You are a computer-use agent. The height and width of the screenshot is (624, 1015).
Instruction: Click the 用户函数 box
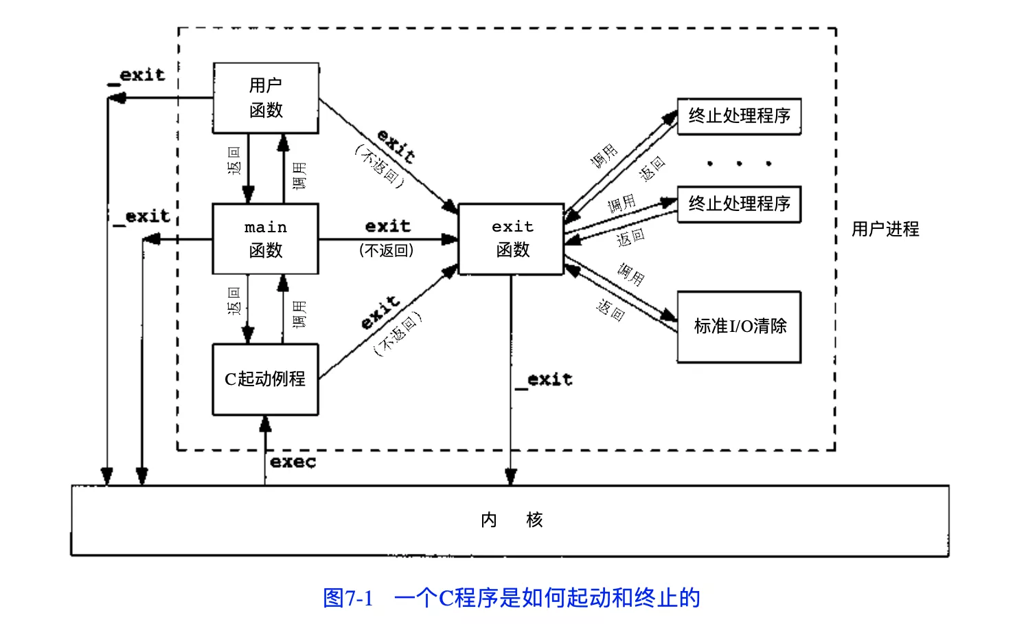pos(266,98)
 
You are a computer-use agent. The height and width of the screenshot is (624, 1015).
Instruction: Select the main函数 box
pos(266,238)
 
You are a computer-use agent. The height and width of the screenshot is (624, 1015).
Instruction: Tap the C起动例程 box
pos(266,379)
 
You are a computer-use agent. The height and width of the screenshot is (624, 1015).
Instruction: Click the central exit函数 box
pos(512,238)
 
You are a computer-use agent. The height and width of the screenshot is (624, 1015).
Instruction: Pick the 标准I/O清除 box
pos(740,326)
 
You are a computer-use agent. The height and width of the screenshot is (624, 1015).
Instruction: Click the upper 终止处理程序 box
pos(740,116)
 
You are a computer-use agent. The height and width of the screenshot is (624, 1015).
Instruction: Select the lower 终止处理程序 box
pos(740,204)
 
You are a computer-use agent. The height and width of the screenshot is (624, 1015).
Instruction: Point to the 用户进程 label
pos(885,229)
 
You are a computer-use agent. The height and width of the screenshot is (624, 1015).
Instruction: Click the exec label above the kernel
pos(293,462)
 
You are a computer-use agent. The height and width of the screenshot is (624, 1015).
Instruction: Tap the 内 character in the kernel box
pos(489,520)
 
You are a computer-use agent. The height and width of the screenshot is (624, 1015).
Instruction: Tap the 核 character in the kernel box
pos(534,520)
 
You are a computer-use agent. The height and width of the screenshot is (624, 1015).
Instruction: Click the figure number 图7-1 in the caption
pos(348,598)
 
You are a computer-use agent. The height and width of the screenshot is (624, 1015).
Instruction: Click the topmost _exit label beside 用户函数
pos(137,76)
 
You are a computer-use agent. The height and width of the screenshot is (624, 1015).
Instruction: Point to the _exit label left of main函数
pos(142,217)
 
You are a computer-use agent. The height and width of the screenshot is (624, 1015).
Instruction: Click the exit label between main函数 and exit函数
pos(388,226)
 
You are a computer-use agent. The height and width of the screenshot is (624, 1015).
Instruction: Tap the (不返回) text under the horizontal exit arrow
pos(387,251)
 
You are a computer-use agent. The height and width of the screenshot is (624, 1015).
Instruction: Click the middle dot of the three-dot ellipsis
pos(739,164)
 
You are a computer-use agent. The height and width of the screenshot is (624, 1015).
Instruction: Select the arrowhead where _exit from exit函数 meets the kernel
pos(511,477)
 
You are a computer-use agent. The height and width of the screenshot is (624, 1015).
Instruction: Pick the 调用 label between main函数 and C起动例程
pos(299,313)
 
